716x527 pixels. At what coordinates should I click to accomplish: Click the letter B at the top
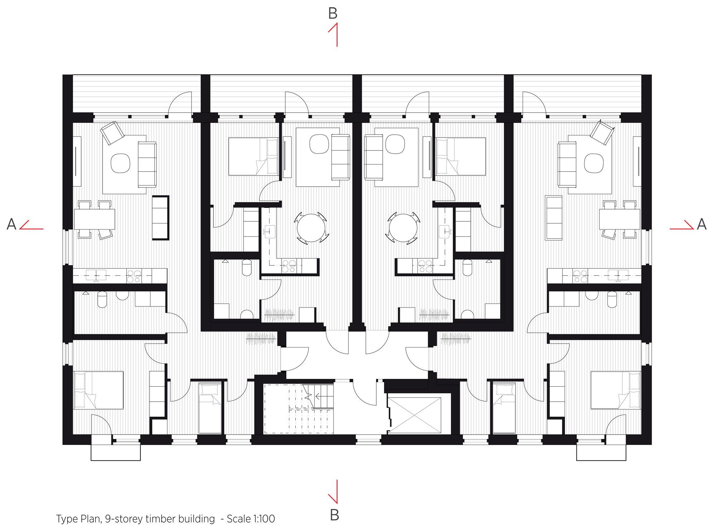(333, 14)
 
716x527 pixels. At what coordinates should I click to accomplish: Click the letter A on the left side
(11, 224)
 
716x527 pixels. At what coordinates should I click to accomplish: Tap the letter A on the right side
(702, 224)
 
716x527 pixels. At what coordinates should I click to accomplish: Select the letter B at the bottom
(334, 515)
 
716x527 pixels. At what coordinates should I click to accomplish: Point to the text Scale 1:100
(251, 519)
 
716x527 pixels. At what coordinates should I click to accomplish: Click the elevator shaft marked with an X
(414, 415)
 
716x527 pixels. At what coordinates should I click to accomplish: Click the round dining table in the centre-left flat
(311, 228)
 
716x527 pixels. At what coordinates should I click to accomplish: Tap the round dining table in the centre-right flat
(403, 228)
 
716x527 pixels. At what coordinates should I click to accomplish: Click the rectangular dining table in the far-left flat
(95, 219)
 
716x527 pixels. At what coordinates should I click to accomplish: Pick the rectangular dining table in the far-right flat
(619, 219)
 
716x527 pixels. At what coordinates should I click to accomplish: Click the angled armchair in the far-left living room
(112, 133)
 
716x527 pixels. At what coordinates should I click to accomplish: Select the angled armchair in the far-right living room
(601, 133)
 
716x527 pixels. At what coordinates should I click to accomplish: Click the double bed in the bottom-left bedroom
(98, 390)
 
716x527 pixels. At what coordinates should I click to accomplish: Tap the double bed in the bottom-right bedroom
(615, 390)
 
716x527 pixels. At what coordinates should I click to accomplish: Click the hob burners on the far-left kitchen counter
(134, 276)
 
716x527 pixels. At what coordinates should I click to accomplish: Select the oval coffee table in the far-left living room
(120, 163)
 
